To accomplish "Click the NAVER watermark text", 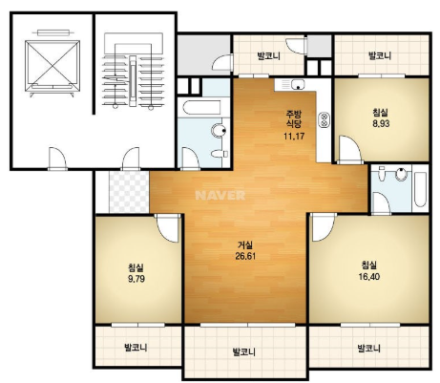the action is click(220, 195).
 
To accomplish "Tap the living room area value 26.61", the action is click(245, 256).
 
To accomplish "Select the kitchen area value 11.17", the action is click(294, 137).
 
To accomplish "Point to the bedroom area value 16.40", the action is click(369, 277).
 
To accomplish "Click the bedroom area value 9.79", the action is click(136, 279).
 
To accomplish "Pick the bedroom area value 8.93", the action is click(381, 123).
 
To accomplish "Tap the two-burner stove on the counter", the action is click(325, 119).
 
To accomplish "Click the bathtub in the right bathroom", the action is click(420, 189).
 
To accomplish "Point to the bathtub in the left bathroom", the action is click(201, 108).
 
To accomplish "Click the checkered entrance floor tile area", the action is click(129, 192).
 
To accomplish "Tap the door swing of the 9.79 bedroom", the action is click(168, 228).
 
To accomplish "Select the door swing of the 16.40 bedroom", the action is click(324, 228).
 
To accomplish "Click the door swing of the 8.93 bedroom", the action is click(349, 150).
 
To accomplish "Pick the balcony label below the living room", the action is click(244, 352).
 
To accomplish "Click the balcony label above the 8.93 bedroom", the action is click(380, 56).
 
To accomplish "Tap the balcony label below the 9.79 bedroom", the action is click(136, 347).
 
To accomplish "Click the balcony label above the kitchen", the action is click(269, 56).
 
